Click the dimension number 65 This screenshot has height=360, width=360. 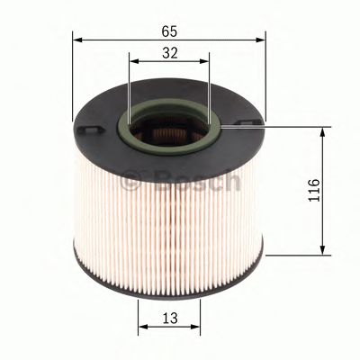(x=168, y=31)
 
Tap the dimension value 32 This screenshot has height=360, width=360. (x=168, y=53)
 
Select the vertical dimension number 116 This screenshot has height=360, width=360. (x=312, y=192)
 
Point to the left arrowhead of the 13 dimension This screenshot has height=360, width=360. (x=141, y=326)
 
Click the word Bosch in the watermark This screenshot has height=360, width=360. (x=206, y=181)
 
